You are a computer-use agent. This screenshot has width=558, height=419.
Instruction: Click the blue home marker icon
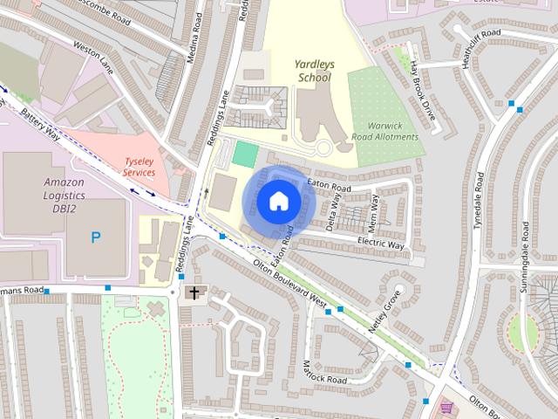point(277,202)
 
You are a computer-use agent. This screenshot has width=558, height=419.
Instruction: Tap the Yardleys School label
point(314,71)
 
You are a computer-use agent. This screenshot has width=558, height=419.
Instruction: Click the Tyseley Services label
point(139,167)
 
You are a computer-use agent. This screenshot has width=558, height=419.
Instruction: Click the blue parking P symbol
point(96,237)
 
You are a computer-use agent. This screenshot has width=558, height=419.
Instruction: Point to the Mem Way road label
point(376,212)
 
